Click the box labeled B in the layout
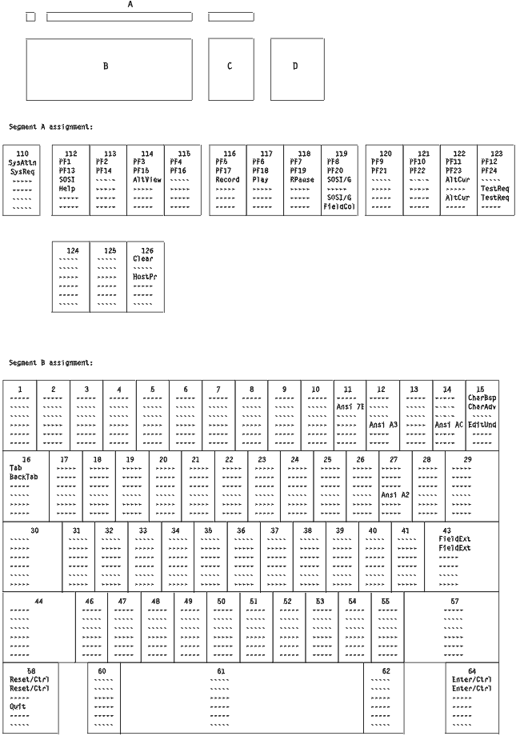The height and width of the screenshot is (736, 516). click(109, 69)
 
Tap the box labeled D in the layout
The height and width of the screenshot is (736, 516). click(297, 69)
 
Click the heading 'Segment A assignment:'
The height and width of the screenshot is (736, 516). click(51, 126)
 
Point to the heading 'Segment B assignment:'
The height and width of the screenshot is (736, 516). click(51, 362)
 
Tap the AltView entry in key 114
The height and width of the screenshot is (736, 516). click(147, 179)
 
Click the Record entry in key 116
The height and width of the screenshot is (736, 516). click(227, 179)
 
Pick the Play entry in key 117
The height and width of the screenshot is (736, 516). click(260, 179)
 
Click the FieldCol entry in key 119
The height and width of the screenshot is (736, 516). click(340, 206)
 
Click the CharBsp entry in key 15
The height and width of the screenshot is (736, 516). click(484, 398)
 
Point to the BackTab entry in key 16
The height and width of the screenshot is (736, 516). click(23, 477)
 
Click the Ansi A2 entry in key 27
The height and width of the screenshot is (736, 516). click(395, 494)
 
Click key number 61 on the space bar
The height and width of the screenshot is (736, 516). click(222, 670)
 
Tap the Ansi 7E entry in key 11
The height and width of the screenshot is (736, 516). click(350, 406)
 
